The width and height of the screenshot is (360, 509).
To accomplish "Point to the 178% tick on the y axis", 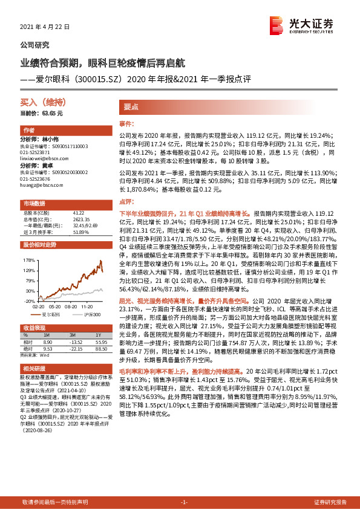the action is coord(28,260).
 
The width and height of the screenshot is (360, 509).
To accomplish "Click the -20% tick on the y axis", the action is coord(28,300).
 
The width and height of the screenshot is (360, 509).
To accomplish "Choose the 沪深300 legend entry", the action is coord(91,316).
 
